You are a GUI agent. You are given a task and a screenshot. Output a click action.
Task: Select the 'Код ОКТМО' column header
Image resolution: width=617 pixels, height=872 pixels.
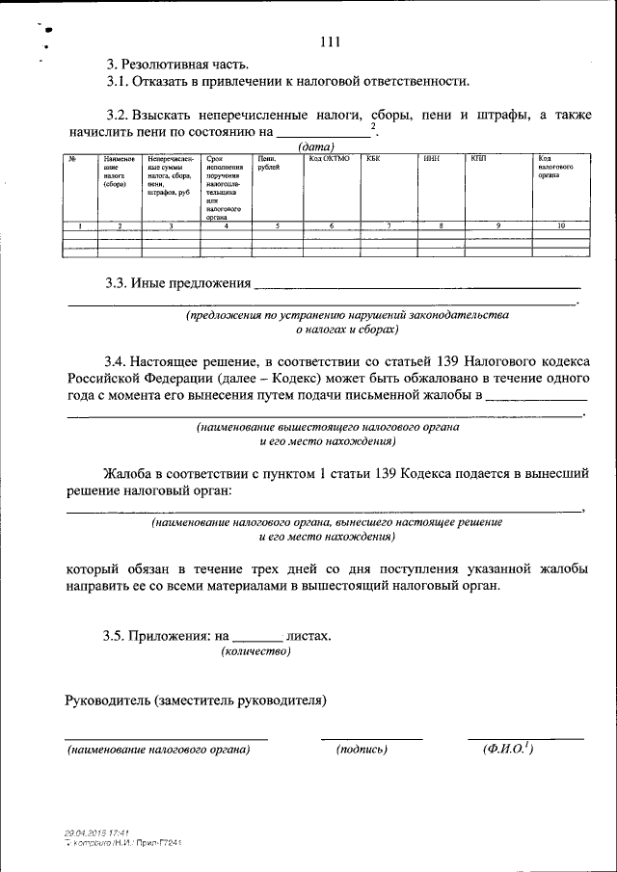point(329,157)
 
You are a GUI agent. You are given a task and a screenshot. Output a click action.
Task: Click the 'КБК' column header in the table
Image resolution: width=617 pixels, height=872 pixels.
point(374,157)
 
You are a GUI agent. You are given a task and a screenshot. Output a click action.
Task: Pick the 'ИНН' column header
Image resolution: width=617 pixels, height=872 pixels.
point(431,157)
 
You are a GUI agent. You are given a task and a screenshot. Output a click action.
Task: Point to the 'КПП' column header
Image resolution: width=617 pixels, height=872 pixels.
point(477,157)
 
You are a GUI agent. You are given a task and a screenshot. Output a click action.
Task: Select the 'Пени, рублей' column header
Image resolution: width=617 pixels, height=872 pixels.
point(269,162)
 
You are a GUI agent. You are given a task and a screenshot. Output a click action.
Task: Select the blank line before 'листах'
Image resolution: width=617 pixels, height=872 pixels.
point(257,637)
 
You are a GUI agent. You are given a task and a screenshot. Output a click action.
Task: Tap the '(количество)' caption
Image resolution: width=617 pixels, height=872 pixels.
point(255,651)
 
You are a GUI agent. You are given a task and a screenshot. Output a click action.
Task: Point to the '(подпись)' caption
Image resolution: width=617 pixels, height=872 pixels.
point(362,749)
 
